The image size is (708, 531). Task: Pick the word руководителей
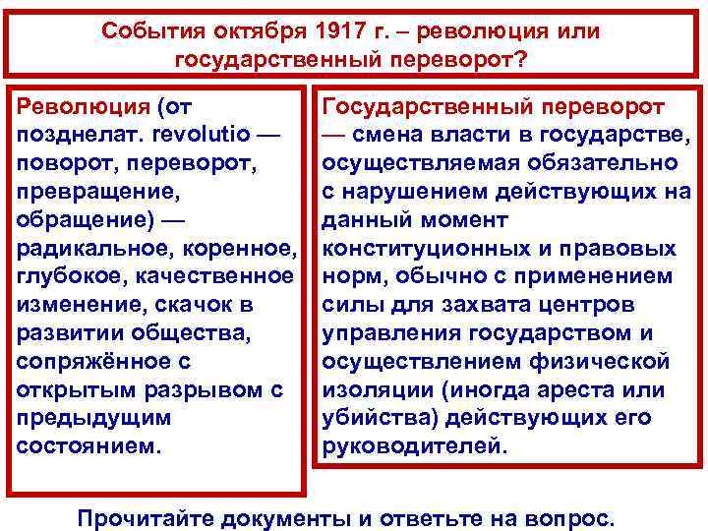click(413, 445)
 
